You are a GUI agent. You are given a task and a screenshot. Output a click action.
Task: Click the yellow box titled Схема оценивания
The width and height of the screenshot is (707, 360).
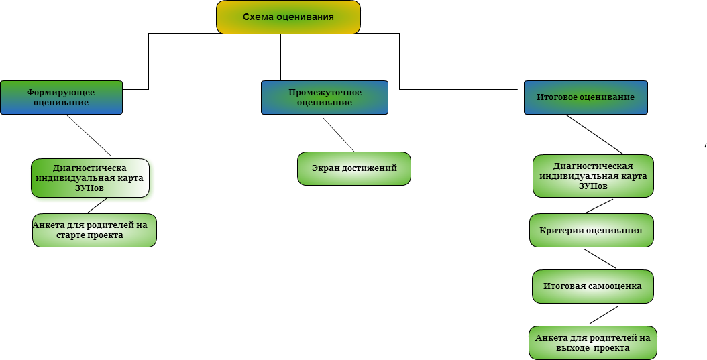288,17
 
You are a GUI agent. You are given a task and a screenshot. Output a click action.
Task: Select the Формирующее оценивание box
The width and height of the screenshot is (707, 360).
61,98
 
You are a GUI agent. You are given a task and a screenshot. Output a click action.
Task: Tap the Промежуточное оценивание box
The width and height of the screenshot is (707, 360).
325,98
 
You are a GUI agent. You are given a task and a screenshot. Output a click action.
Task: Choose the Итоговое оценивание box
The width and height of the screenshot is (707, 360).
586,97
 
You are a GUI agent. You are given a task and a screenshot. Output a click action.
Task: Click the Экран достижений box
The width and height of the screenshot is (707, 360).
354,168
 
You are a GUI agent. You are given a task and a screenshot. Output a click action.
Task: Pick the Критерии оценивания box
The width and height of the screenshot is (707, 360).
591,231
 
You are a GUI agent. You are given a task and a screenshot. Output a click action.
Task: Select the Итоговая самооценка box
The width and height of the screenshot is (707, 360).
592,286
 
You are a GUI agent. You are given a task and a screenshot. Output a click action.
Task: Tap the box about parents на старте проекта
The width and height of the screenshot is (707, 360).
94,230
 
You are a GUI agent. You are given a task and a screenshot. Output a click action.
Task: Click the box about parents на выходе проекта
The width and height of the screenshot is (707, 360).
592,343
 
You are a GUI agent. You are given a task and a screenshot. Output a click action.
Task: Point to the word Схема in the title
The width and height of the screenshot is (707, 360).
258,17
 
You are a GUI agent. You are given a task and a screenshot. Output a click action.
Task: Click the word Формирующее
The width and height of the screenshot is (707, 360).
60,93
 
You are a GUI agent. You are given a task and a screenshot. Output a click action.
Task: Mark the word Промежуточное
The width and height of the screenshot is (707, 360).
325,93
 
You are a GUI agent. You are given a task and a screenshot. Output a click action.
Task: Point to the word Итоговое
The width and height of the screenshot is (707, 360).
557,97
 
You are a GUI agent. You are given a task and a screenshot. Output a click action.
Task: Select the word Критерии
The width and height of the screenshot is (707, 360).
561,231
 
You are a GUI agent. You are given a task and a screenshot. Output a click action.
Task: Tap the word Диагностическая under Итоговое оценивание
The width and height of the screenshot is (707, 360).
593,166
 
